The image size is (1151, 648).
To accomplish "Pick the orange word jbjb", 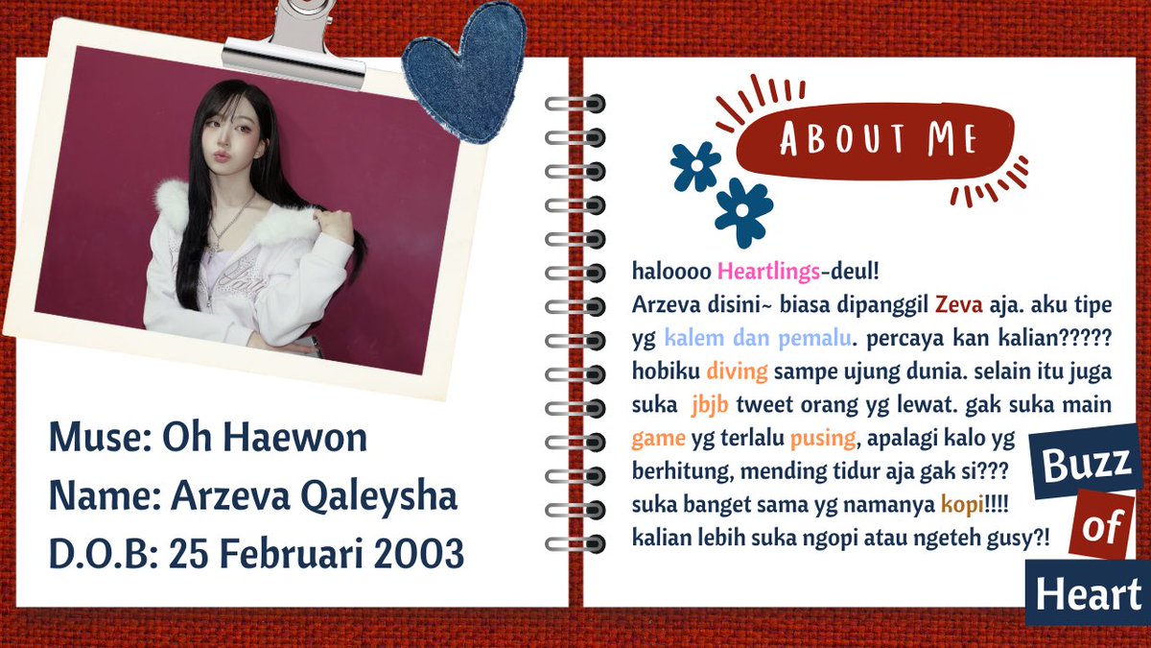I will tap(710, 405).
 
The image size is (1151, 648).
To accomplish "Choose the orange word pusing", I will tap(821, 439).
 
